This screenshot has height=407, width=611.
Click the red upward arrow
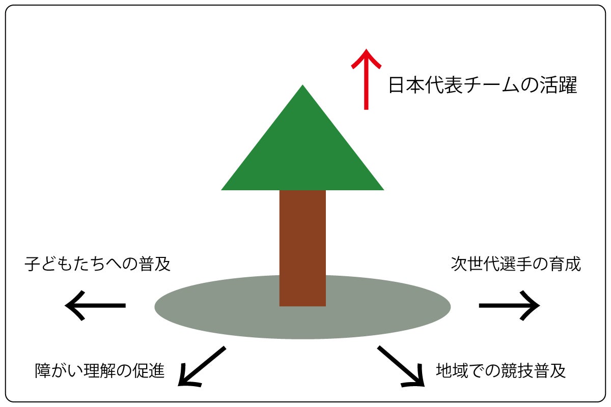(x=366, y=79)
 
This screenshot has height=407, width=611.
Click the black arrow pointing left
(x=95, y=306)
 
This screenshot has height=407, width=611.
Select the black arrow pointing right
(x=510, y=306)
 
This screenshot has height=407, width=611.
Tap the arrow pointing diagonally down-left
(x=202, y=366)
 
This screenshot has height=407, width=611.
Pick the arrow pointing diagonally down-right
(x=401, y=366)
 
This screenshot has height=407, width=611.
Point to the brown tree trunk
(x=302, y=248)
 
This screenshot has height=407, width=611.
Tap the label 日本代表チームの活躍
(x=483, y=85)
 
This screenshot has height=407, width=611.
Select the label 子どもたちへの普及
(x=97, y=264)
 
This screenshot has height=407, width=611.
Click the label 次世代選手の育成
(x=516, y=264)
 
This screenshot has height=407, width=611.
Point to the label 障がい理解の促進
(x=100, y=371)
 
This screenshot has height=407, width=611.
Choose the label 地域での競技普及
(x=501, y=371)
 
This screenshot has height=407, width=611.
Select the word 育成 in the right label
(x=565, y=264)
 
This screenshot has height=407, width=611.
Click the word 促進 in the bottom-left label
(x=149, y=371)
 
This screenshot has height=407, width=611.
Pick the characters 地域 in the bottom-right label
(x=452, y=371)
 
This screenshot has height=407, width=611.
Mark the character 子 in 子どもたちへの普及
(x=33, y=264)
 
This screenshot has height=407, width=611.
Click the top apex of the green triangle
(x=302, y=85)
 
